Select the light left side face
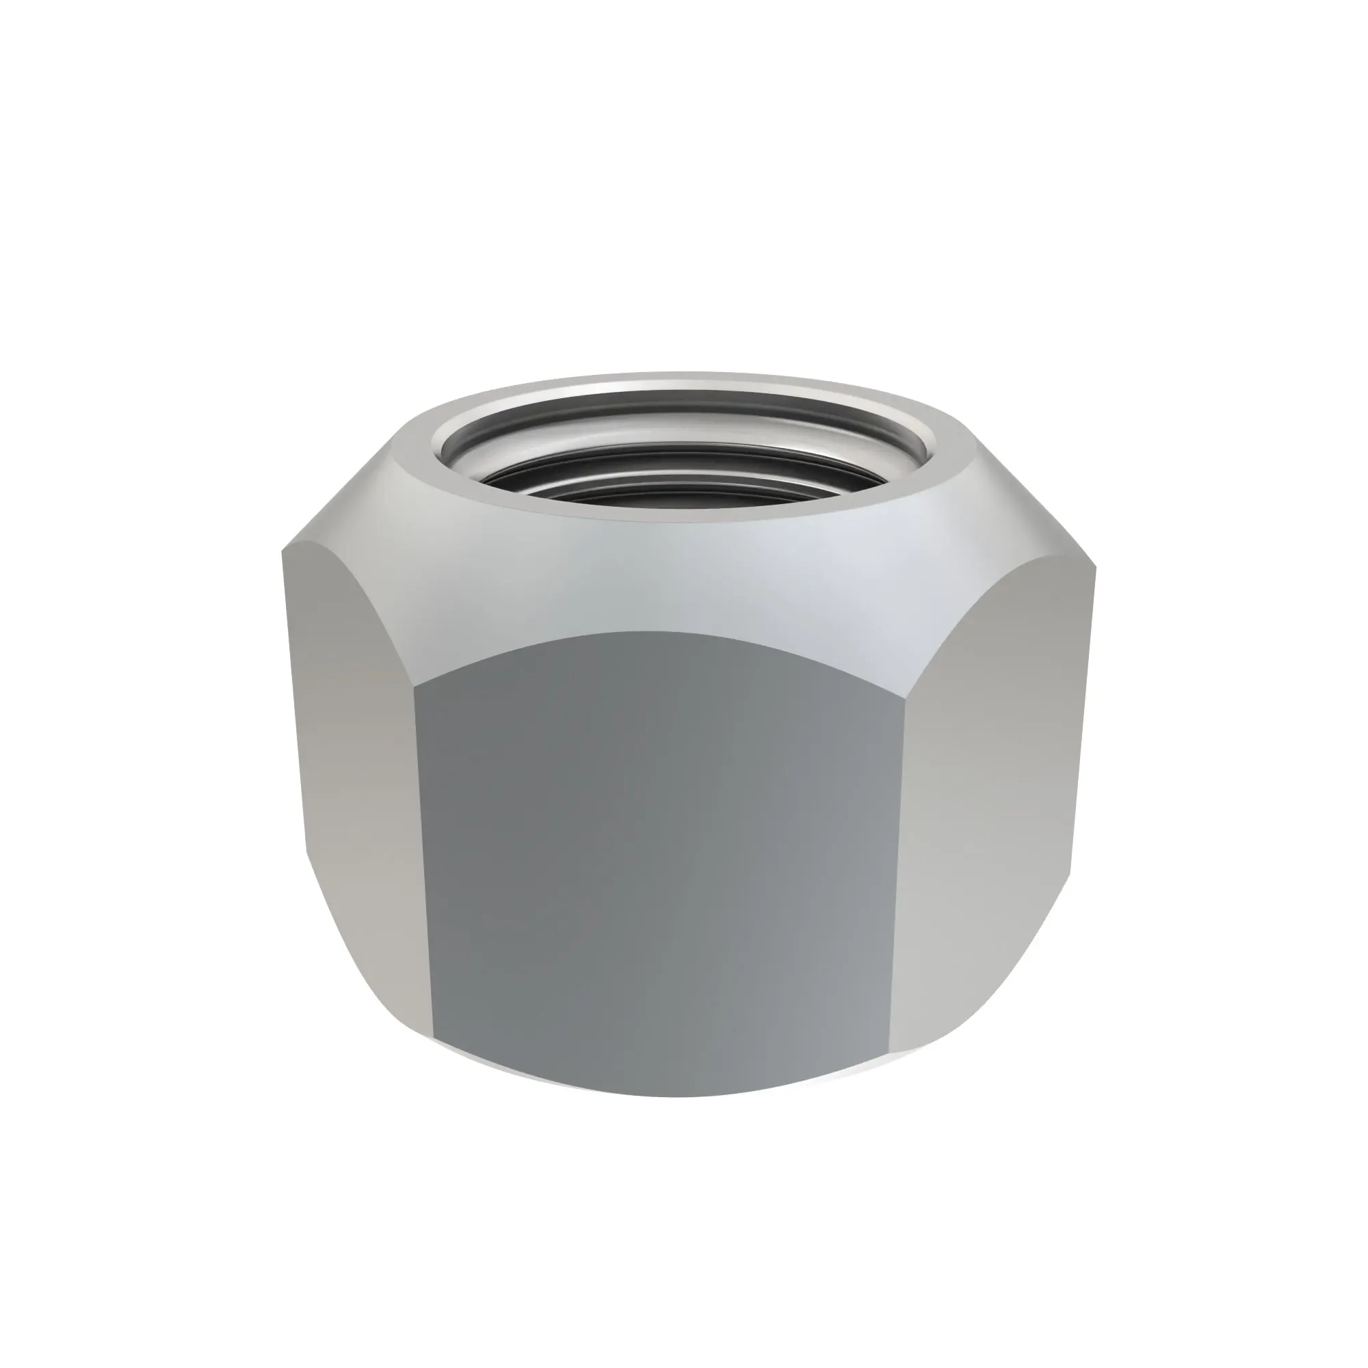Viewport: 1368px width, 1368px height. coord(354,779)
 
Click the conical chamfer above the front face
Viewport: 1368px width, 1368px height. coord(659,574)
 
